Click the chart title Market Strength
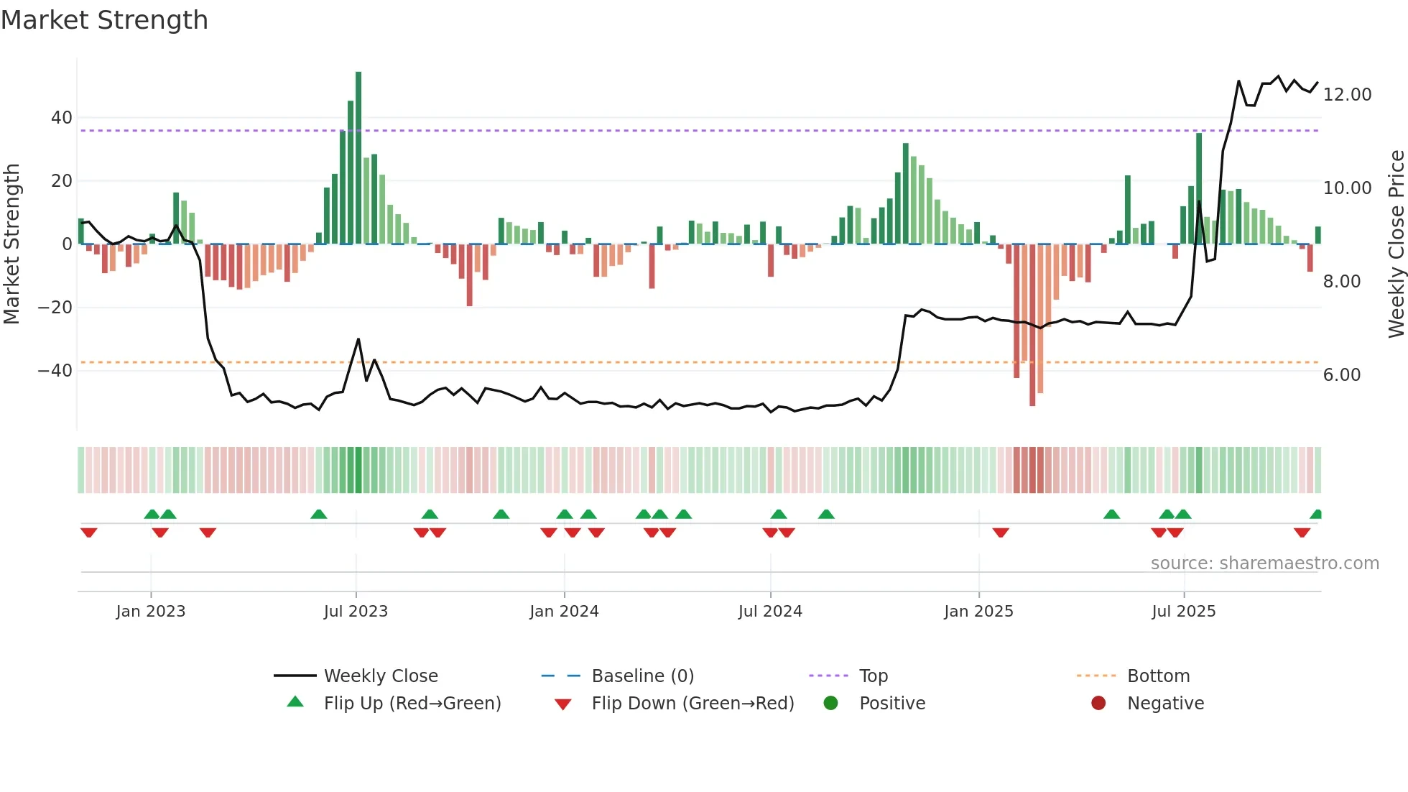click(x=104, y=20)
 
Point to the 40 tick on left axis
click(x=62, y=118)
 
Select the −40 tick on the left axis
click(x=55, y=371)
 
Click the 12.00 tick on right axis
click(x=1347, y=95)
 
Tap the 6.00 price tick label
click(x=1341, y=375)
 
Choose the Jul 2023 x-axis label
click(x=356, y=612)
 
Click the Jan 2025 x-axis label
click(x=978, y=612)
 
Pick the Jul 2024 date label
click(x=770, y=612)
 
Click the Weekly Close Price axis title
click(x=1396, y=244)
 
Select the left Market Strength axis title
click(x=11, y=244)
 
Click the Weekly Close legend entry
click(x=380, y=676)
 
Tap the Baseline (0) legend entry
click(x=642, y=676)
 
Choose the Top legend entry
click(x=873, y=676)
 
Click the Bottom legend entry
click(x=1158, y=676)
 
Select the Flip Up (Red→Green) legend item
click(x=412, y=704)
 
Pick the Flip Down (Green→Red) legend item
click(x=693, y=704)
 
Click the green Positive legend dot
click(x=831, y=704)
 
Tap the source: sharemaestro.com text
click(x=1264, y=563)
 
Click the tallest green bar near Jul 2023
click(x=358, y=158)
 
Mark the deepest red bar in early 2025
click(x=1032, y=325)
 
